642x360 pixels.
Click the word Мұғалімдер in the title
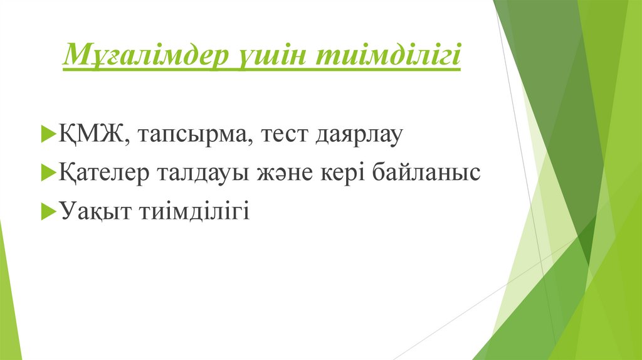click(x=144, y=57)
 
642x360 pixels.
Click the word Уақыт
click(x=93, y=211)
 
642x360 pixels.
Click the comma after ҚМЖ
click(x=125, y=142)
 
